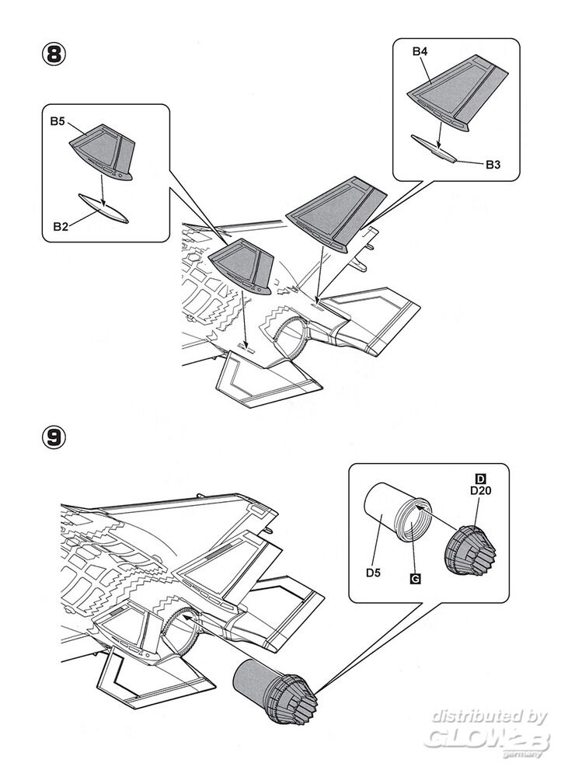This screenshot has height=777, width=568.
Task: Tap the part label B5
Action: point(58,121)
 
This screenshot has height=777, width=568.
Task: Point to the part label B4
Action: point(420,52)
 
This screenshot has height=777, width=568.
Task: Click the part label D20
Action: point(479,490)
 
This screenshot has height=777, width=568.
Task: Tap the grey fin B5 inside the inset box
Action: point(105,151)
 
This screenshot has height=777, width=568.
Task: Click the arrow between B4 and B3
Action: point(440,135)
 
